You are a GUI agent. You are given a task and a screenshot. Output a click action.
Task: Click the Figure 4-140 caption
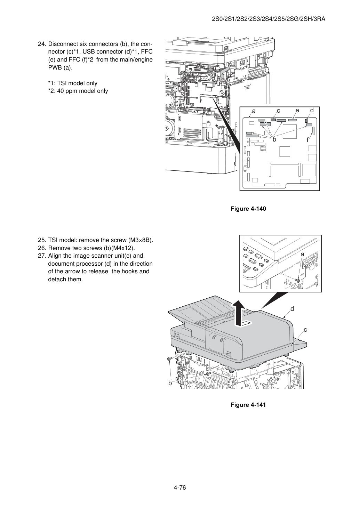(x=248, y=209)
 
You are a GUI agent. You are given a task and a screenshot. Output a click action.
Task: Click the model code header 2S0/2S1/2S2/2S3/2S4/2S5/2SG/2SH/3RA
(x=269, y=19)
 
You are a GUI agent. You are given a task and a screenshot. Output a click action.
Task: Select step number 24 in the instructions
(x=42, y=44)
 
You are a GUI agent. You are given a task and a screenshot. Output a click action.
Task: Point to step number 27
(x=42, y=256)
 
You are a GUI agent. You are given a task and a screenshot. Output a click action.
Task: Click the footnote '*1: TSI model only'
(x=73, y=83)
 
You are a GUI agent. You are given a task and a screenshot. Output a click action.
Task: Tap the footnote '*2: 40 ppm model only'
(x=78, y=91)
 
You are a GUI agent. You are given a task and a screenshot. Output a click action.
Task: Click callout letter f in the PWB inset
(x=307, y=140)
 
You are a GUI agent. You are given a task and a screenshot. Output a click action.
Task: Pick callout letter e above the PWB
(x=297, y=111)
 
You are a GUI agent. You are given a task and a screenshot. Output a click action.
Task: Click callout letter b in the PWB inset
(x=274, y=139)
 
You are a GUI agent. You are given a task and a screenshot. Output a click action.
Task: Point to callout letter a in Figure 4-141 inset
(x=302, y=255)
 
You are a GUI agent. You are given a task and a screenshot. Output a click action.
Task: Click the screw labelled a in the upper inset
(x=298, y=281)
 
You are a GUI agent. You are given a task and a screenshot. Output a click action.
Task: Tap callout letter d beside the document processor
(x=293, y=309)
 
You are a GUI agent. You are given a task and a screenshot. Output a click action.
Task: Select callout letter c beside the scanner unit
(x=305, y=330)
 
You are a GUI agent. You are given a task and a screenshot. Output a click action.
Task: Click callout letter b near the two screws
(x=170, y=383)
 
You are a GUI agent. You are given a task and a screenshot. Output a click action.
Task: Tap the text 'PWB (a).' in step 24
(x=60, y=68)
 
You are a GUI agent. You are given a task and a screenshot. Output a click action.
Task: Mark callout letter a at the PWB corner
(x=254, y=111)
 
